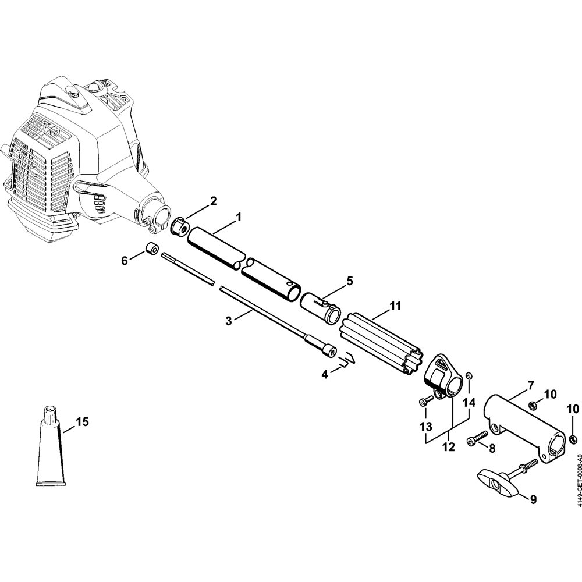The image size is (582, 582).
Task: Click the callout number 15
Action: [x=83, y=422]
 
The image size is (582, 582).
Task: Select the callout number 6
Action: [x=125, y=261]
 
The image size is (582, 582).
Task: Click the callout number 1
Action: [x=239, y=217]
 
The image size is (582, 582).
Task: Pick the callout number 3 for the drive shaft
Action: [x=229, y=320]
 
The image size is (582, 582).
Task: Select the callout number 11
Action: [x=395, y=306]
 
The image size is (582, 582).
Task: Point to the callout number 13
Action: [x=426, y=427]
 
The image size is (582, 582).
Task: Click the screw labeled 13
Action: [x=426, y=402]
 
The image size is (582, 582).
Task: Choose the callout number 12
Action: [x=449, y=447]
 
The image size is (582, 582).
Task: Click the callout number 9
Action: [x=533, y=500]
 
